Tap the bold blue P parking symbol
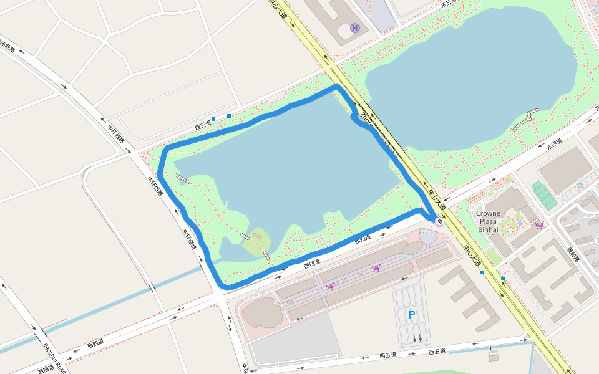tap(411, 315)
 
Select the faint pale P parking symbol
tap(580, 187)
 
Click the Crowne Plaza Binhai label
tap(488, 221)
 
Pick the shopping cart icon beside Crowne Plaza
tap(538, 224)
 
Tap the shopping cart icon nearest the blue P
tap(376, 268)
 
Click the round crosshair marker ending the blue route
tap(440, 221)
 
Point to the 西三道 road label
tap(203, 126)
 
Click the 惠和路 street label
tap(573, 254)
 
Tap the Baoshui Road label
tap(54, 358)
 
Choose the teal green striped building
tap(544, 195)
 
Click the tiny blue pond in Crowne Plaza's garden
tap(520, 223)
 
